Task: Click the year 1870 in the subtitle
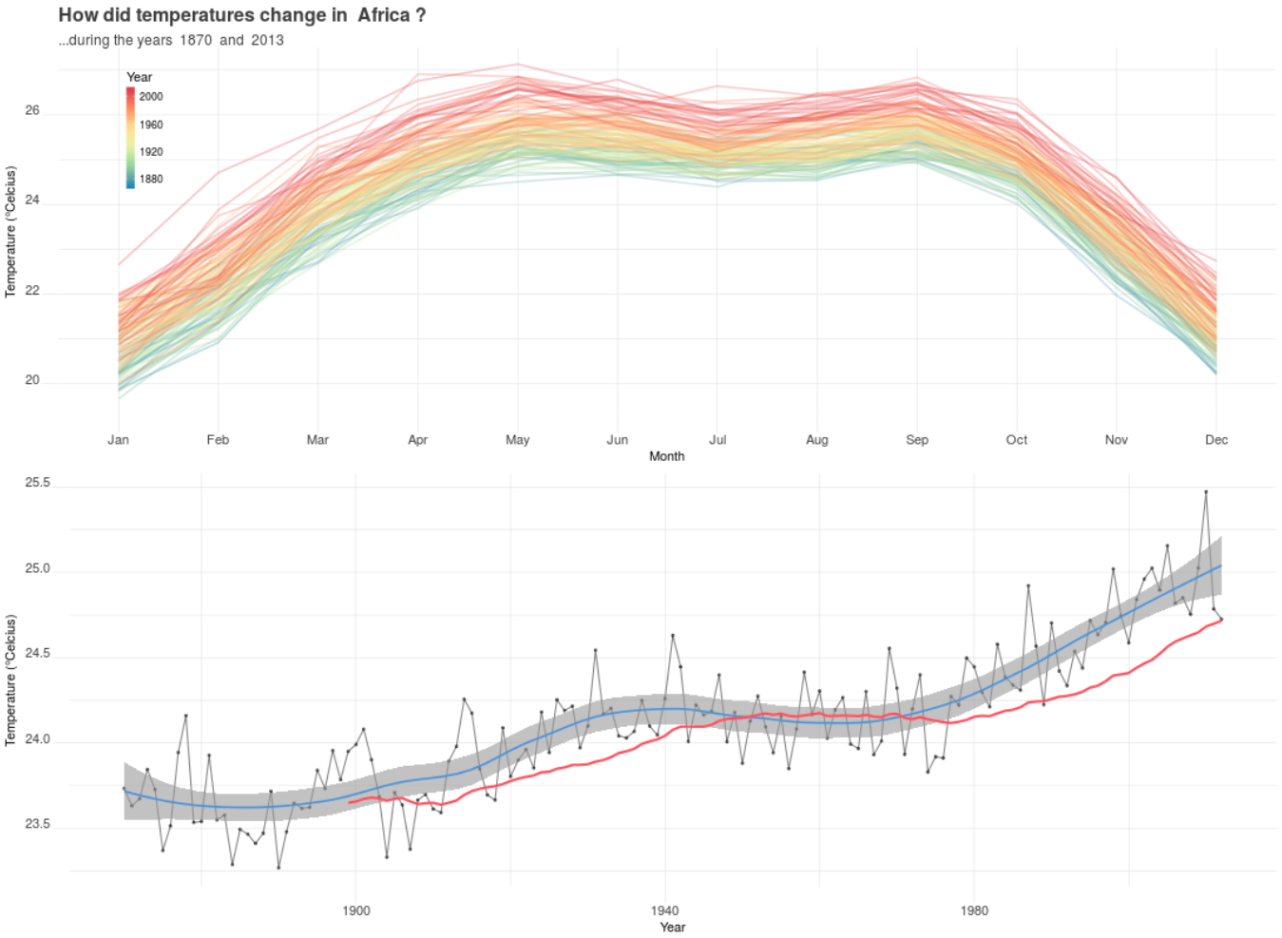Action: tap(196, 40)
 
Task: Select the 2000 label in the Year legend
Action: tap(151, 96)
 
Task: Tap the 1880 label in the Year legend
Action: tap(151, 179)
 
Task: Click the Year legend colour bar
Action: tap(130, 137)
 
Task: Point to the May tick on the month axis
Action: tap(517, 439)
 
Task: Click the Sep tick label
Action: tap(916, 439)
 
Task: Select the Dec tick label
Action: tap(1215, 439)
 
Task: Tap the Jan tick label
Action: tap(118, 439)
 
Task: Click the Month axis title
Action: tap(666, 456)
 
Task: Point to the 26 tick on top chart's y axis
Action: tap(32, 110)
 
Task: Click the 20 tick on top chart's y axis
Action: tap(32, 380)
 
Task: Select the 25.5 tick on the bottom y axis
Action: tap(37, 483)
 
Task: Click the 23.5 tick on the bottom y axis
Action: tap(37, 824)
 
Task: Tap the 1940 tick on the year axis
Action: tap(664, 910)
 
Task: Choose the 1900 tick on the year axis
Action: tap(355, 910)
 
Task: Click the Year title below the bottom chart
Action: tap(672, 927)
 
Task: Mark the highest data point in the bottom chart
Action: tap(1206, 491)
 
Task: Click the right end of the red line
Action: tap(1221, 620)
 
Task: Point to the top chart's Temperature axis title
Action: tap(10, 231)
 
